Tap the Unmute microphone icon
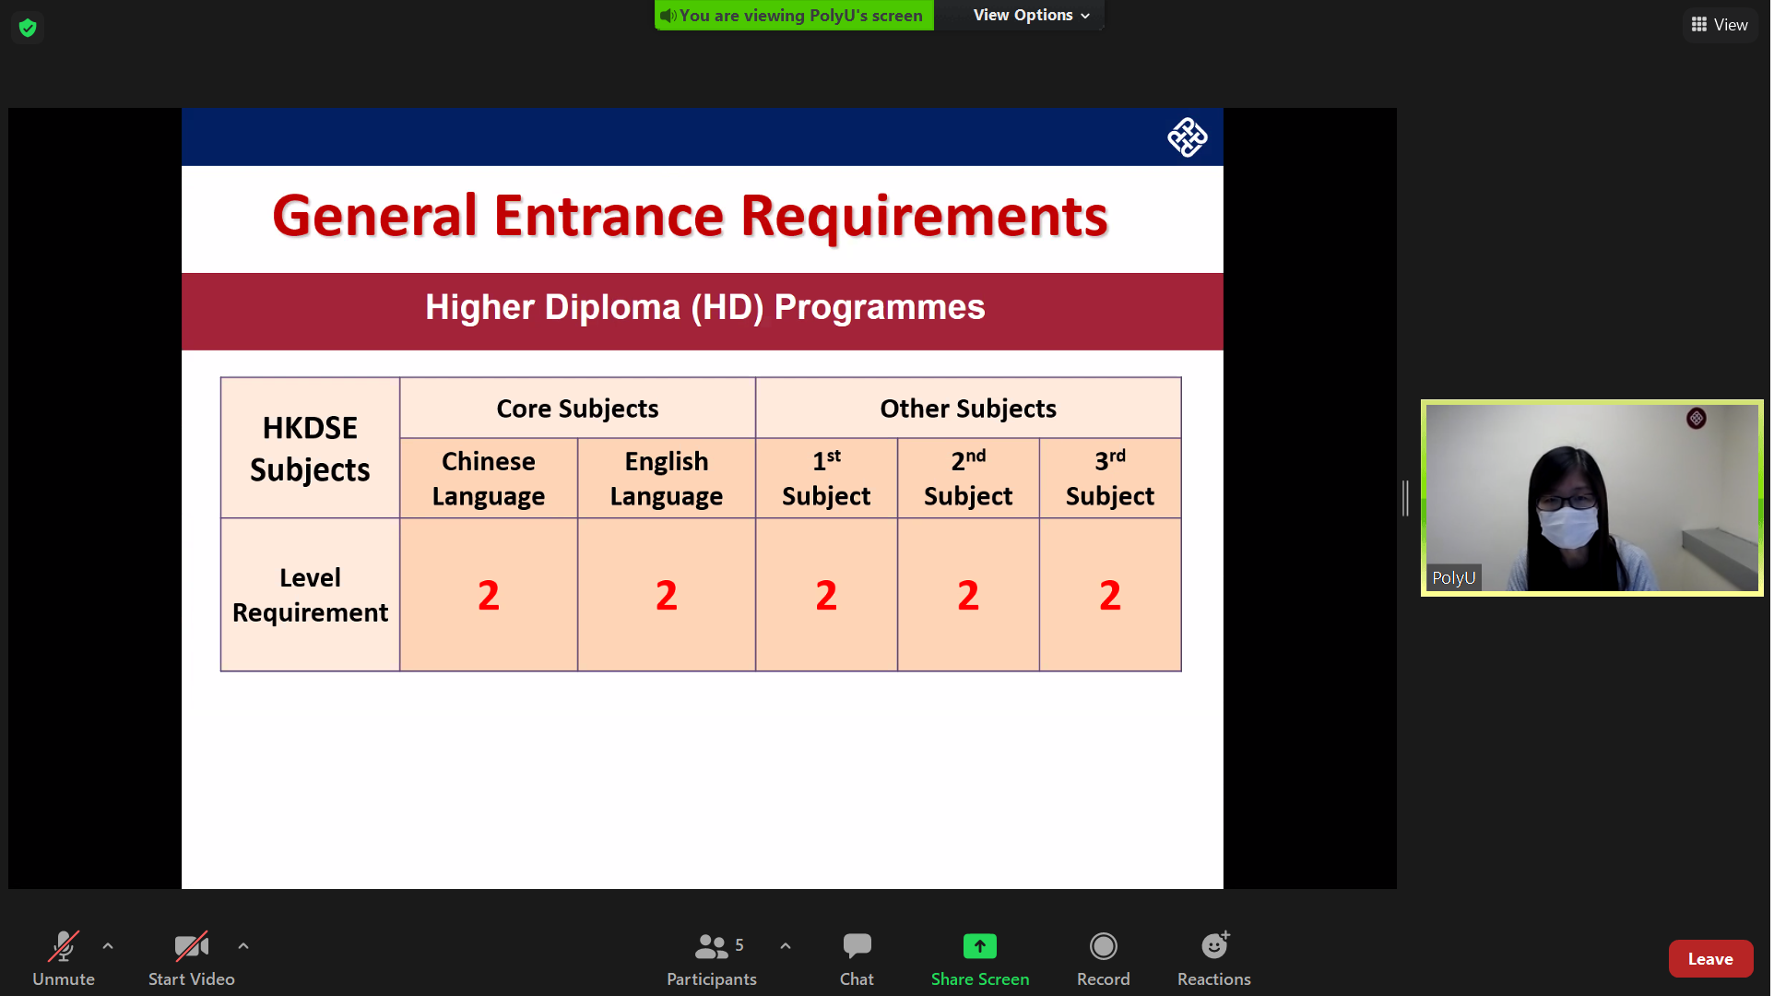click(64, 946)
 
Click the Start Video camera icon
click(192, 946)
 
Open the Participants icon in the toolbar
click(712, 946)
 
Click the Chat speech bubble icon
click(857, 945)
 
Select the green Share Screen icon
click(981, 946)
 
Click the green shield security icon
click(28, 28)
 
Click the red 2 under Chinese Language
click(490, 596)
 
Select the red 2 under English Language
click(668, 596)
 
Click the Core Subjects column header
click(579, 409)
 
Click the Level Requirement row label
click(311, 596)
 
